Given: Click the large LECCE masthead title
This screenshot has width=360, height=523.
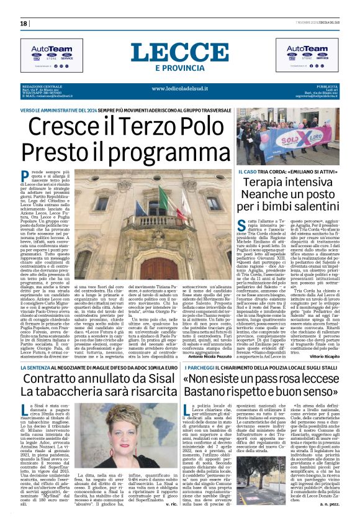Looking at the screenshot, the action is click(179, 52).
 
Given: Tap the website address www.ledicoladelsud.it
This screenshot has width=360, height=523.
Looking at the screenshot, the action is click(179, 88).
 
